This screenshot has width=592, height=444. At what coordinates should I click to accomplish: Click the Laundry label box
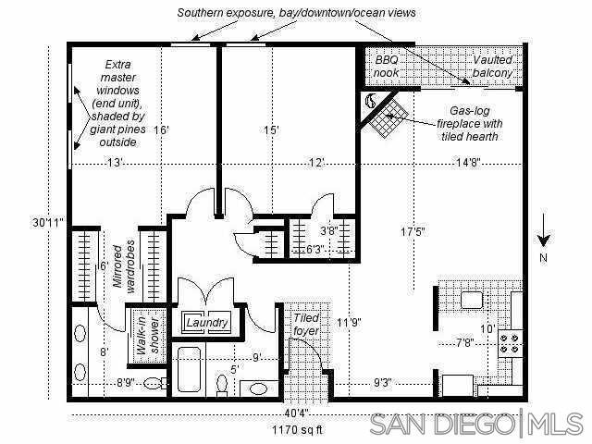point(207,323)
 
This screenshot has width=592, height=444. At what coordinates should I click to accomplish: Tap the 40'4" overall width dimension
point(298,413)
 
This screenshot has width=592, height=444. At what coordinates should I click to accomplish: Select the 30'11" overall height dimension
point(46,222)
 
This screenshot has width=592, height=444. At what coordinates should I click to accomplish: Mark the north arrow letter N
point(544,256)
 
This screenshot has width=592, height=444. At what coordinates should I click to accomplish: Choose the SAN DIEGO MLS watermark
point(475,425)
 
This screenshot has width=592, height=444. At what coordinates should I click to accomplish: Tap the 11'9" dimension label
point(348,323)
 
